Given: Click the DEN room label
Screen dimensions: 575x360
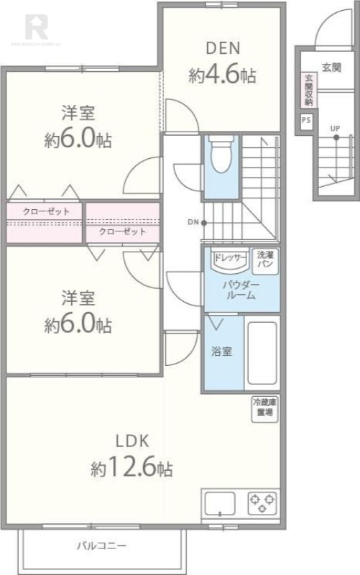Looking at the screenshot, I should click(223, 49).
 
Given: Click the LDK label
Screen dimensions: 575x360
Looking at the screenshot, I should click(131, 441).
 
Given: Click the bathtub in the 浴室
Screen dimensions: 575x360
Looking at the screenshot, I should click(262, 354).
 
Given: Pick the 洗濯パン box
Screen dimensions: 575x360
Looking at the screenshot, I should click(265, 259).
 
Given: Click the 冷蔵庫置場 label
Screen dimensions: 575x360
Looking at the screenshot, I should click(264, 408).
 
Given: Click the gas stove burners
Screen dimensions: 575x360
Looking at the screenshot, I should click(262, 502).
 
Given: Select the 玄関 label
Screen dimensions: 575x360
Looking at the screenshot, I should click(331, 67).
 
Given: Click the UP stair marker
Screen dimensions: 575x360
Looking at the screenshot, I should click(335, 129).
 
